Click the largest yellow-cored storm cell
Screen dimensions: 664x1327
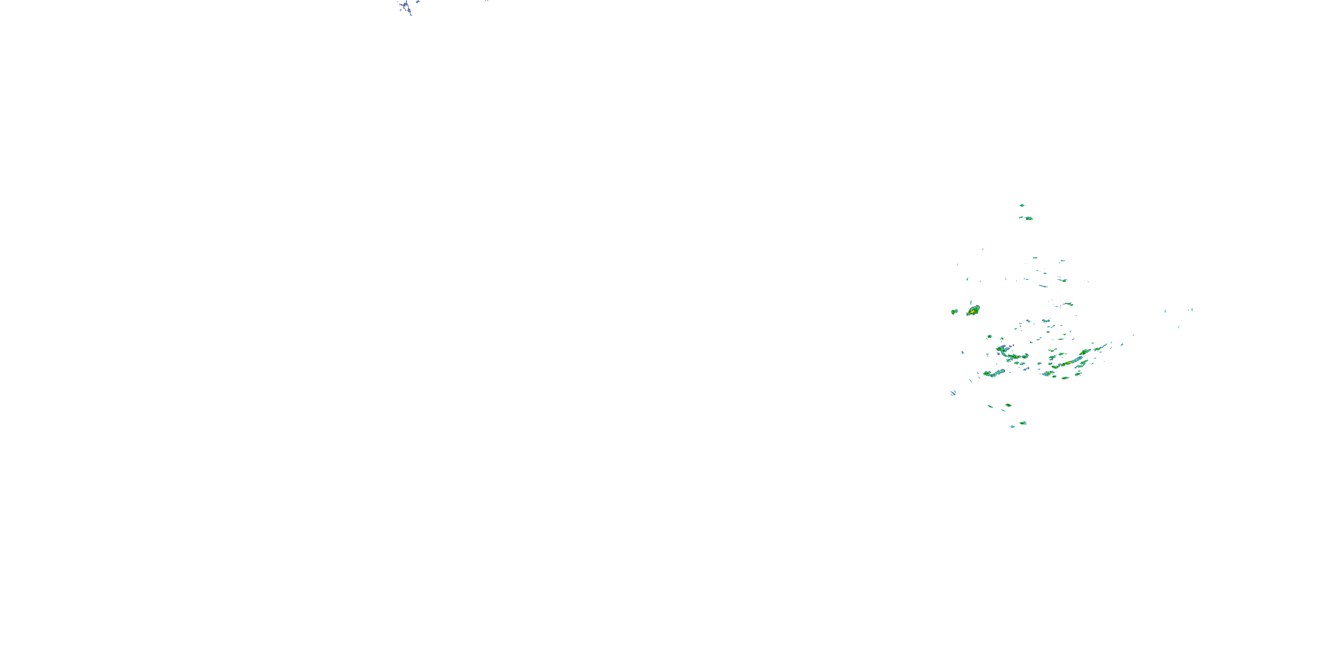[973, 310]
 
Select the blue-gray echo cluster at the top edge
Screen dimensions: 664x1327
[407, 7]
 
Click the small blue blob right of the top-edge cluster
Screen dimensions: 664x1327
[417, 2]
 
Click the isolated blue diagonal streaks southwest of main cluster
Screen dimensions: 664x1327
[953, 393]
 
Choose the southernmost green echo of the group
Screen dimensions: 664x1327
[1023, 423]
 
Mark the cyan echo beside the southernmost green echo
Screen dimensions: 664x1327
[1012, 426]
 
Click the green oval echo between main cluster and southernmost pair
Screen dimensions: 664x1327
[1008, 405]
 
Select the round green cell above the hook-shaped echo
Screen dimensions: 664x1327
[989, 336]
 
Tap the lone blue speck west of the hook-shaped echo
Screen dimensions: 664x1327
[962, 353]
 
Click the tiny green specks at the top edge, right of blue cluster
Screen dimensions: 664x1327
[486, 0]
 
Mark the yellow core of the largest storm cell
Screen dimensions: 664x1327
[972, 311]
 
